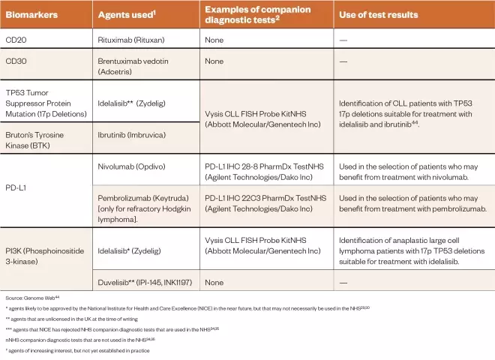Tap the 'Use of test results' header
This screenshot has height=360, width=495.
pyautogui.click(x=379, y=14)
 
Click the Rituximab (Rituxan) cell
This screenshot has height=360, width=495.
pyautogui.click(x=129, y=37)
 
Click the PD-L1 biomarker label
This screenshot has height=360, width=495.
pyautogui.click(x=16, y=185)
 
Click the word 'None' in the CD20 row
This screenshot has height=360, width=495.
pyautogui.click(x=215, y=37)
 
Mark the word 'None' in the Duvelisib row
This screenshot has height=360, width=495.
pyautogui.click(x=215, y=282)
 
